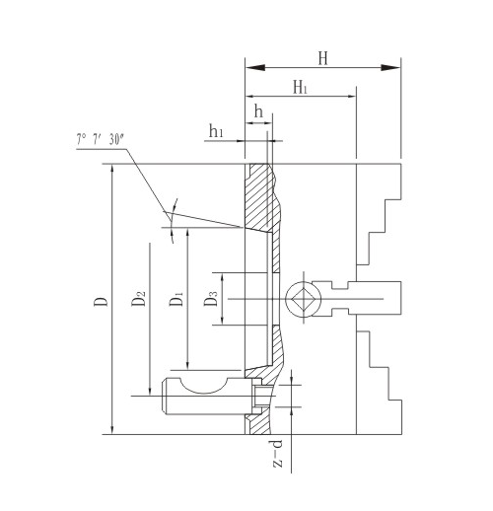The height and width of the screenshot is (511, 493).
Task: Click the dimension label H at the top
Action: click(x=322, y=57)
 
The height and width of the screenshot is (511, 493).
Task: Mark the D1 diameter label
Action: click(x=176, y=300)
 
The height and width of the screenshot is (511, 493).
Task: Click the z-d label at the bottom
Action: click(x=279, y=456)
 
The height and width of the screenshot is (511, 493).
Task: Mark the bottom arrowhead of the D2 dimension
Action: click(x=150, y=394)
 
